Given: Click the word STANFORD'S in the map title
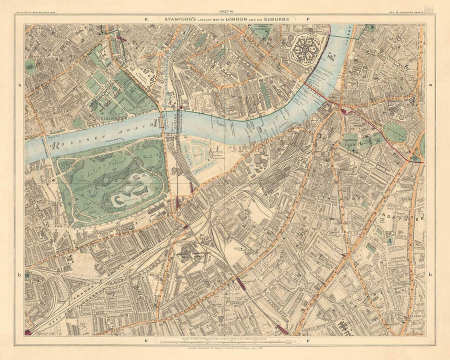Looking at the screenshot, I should point(176,19).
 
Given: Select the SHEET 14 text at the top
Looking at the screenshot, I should point(224,8).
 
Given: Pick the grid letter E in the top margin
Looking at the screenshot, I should point(146,19).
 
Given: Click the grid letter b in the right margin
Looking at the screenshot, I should point(430,274).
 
